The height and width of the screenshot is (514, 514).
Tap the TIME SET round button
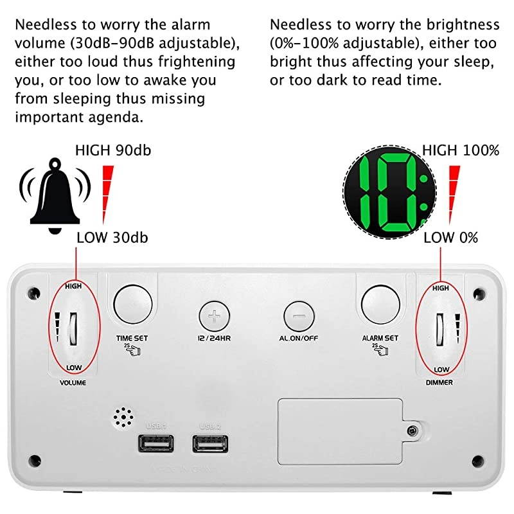(x=133, y=303)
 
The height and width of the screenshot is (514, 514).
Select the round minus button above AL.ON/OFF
(x=299, y=317)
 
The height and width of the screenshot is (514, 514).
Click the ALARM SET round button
(x=380, y=303)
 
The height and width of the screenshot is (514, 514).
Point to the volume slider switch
(x=73, y=328)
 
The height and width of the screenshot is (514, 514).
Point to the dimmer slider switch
(x=441, y=328)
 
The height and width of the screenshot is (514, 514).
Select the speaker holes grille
(x=121, y=418)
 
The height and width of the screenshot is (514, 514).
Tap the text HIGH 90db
(x=114, y=151)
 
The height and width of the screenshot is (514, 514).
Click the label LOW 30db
(x=112, y=238)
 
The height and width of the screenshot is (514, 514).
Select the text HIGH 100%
(x=461, y=151)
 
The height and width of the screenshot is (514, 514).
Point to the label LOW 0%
(x=451, y=238)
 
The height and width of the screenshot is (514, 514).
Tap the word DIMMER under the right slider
(x=439, y=382)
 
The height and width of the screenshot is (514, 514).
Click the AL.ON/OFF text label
(x=299, y=338)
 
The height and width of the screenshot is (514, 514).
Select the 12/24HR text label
(x=215, y=338)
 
